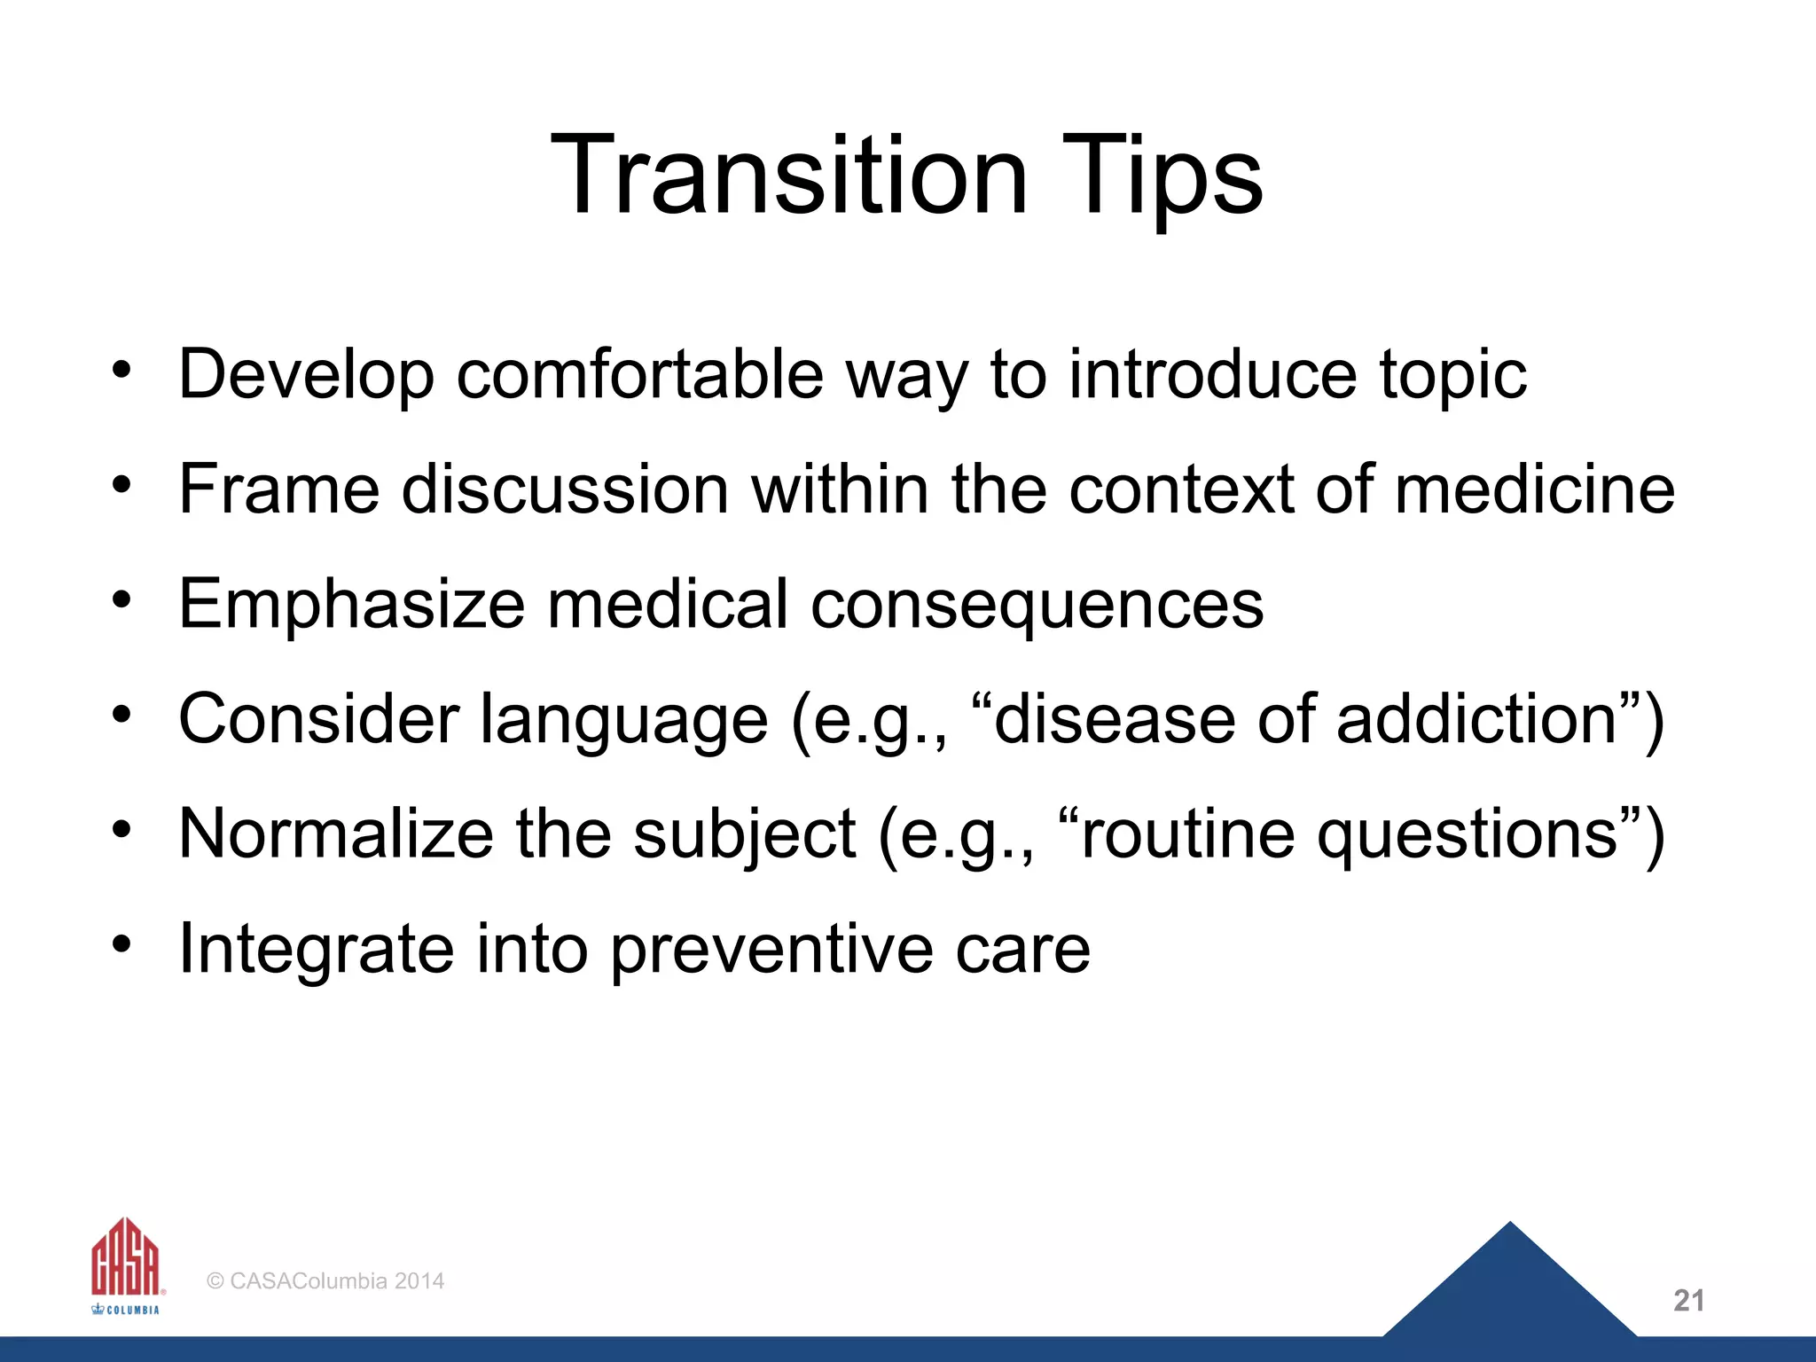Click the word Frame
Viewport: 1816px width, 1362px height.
pyautogui.click(x=278, y=489)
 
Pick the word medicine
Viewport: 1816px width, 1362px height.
pyautogui.click(x=1534, y=489)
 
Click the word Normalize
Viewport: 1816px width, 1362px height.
pyautogui.click(x=336, y=834)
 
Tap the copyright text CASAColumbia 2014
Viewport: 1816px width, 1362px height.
pyautogui.click(x=325, y=1281)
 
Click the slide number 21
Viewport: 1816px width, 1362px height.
pyautogui.click(x=1688, y=1301)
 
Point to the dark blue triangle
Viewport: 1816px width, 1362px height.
pyautogui.click(x=1510, y=1290)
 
